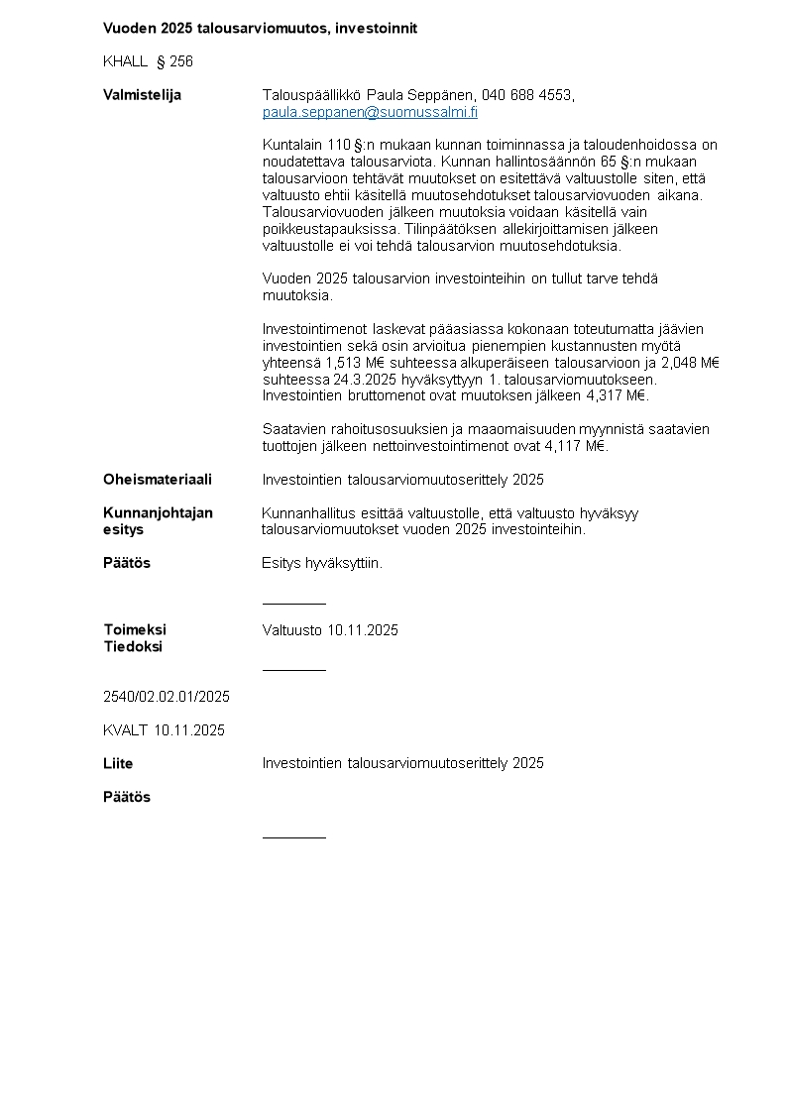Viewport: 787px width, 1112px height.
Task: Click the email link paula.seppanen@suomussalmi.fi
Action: (370, 112)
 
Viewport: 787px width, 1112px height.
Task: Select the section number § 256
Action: (174, 61)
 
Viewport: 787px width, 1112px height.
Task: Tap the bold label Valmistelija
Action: (142, 95)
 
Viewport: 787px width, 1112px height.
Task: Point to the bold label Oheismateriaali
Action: (158, 480)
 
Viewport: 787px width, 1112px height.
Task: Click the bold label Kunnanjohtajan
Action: (158, 512)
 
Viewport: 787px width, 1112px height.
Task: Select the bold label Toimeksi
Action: (135, 629)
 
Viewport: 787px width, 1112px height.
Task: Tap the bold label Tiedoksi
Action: (133, 646)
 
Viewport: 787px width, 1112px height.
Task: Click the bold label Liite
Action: (118, 763)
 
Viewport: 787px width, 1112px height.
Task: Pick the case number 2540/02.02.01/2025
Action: (167, 697)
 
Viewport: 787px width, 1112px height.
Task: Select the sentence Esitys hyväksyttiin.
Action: (322, 563)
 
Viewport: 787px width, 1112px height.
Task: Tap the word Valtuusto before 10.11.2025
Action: (292, 630)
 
